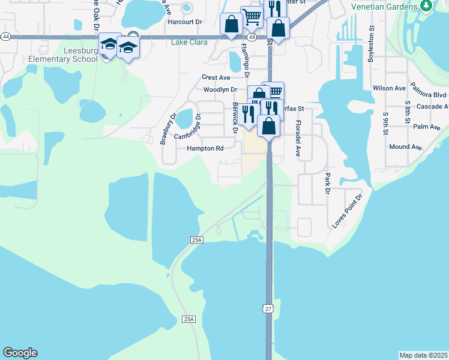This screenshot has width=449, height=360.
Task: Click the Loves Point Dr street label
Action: (x=348, y=211)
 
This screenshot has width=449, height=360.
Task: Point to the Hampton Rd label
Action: (x=205, y=148)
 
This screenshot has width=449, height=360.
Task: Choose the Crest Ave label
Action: (x=216, y=77)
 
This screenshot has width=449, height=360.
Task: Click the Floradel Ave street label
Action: (x=297, y=137)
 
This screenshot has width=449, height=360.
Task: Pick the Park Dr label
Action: (x=328, y=184)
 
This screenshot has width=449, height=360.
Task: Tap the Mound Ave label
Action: (x=405, y=146)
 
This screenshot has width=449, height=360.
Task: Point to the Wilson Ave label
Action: (x=389, y=88)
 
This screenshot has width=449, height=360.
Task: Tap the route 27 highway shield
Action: (x=268, y=308)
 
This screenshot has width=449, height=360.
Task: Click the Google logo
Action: (x=20, y=353)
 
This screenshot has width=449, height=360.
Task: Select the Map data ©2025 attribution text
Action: (x=423, y=355)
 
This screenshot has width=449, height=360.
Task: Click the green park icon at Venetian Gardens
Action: (x=426, y=5)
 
